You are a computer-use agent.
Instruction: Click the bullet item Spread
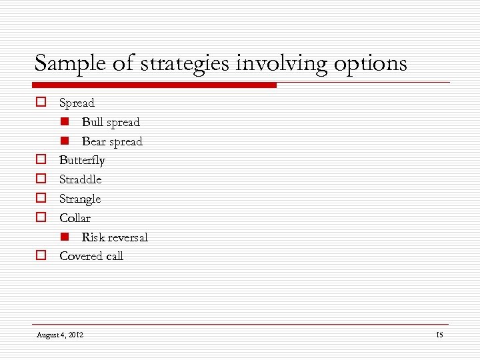pyautogui.click(x=77, y=103)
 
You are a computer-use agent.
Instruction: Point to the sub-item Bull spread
pyautogui.click(x=111, y=122)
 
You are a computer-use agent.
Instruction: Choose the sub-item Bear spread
pyautogui.click(x=112, y=141)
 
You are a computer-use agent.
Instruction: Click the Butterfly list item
pyautogui.click(x=82, y=160)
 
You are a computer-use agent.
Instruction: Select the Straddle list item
pyautogui.click(x=80, y=179)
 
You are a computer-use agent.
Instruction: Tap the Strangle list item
pyautogui.click(x=80, y=199)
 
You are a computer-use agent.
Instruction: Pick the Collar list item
pyautogui.click(x=75, y=218)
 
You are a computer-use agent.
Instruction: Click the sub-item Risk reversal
pyautogui.click(x=115, y=237)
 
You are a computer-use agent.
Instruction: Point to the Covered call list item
pyautogui.click(x=91, y=256)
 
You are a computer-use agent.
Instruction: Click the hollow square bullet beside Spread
pyautogui.click(x=41, y=103)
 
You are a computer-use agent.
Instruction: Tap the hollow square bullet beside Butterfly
pyautogui.click(x=41, y=160)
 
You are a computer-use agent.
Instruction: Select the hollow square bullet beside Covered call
pyautogui.click(x=41, y=255)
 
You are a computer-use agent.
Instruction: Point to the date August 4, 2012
pyautogui.click(x=60, y=335)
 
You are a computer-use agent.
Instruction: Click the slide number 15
pyautogui.click(x=439, y=335)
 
